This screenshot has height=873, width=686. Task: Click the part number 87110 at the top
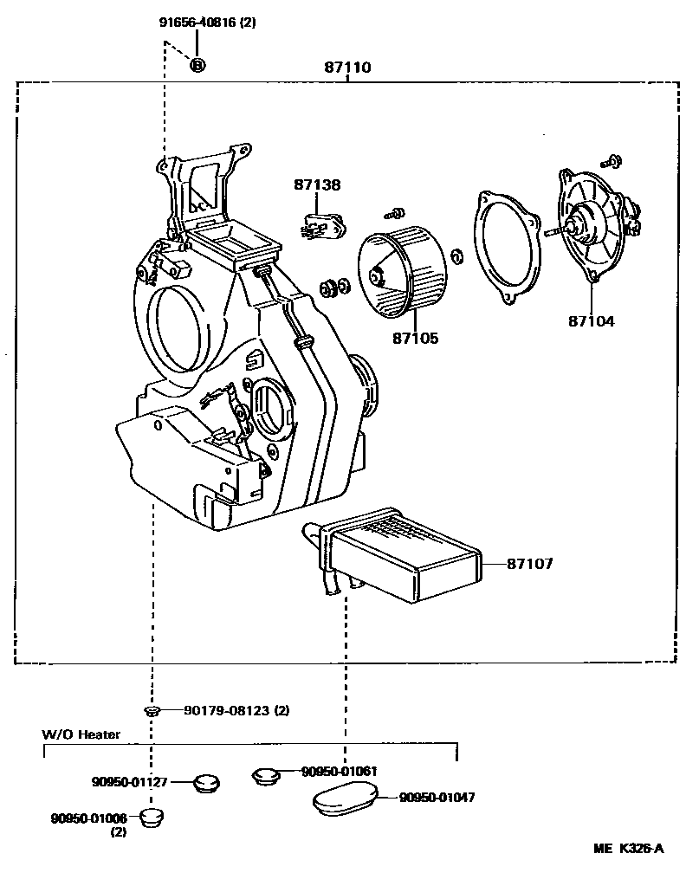(x=348, y=67)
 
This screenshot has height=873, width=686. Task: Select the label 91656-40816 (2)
(x=208, y=23)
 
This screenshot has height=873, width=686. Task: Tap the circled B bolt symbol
(x=197, y=64)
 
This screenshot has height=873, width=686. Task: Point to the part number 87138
(x=317, y=184)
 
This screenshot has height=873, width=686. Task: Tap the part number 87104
(x=592, y=320)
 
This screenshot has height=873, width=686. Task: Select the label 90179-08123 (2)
(x=236, y=710)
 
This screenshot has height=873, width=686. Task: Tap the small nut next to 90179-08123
(x=152, y=711)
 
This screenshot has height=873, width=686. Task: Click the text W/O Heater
(x=81, y=734)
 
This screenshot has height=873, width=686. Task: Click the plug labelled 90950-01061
(x=264, y=774)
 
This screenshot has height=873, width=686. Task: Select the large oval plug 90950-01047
(x=345, y=797)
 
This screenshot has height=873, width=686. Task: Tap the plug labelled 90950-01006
(x=153, y=816)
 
